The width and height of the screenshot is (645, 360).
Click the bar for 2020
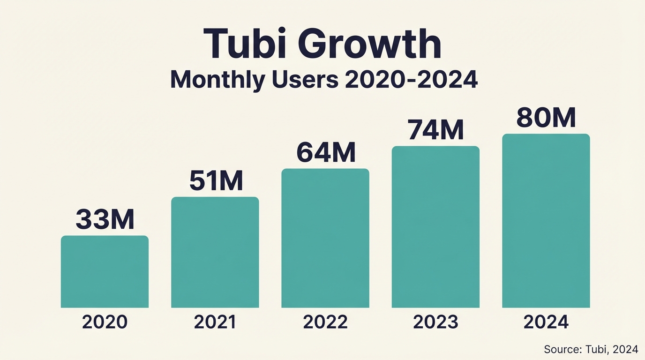click(105, 272)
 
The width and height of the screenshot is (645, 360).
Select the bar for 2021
click(215, 253)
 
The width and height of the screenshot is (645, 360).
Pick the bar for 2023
click(435, 227)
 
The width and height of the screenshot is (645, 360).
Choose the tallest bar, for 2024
click(546, 221)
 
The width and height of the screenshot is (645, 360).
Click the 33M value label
click(105, 219)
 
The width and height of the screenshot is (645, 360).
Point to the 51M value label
click(216, 181)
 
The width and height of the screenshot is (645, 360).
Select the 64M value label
click(326, 152)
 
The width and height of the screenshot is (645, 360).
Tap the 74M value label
click(436, 130)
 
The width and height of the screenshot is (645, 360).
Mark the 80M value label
click(546, 118)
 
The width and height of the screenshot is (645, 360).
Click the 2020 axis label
click(105, 322)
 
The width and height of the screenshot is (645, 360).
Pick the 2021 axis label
click(215, 322)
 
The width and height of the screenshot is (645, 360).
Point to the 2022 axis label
click(325, 322)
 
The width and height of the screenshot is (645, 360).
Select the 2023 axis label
click(435, 322)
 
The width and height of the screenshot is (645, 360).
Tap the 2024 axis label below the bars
click(546, 322)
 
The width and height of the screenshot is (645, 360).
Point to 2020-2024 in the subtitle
click(411, 80)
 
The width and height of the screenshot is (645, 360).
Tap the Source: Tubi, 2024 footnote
click(591, 349)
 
